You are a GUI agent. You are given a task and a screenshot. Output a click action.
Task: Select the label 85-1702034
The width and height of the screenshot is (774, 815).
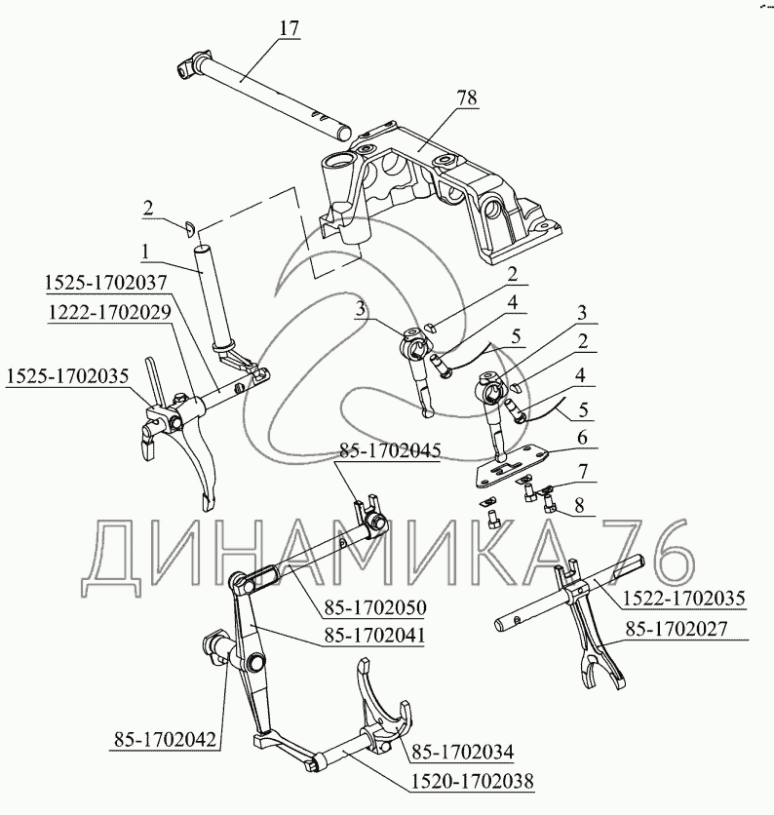click(462, 751)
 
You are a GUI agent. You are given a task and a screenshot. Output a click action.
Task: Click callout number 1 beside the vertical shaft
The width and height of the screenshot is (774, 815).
click(143, 251)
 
